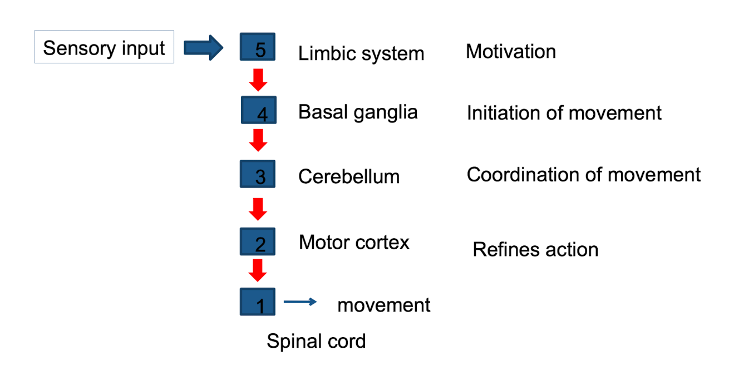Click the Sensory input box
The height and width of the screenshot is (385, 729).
tap(104, 48)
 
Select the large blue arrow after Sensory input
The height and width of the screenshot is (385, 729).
tap(203, 48)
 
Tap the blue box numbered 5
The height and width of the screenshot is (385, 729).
tap(257, 47)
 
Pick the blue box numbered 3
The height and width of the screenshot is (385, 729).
tap(257, 174)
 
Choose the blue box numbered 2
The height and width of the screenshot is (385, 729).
tap(257, 241)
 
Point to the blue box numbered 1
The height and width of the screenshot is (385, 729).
tap(257, 302)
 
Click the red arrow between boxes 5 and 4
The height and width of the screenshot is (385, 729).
tap(258, 80)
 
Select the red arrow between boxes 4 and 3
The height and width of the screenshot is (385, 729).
tap(258, 140)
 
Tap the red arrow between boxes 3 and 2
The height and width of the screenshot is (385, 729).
tap(258, 209)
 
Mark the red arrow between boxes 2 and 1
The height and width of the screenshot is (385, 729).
tap(258, 271)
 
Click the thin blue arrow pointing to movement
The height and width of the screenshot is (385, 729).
tap(300, 302)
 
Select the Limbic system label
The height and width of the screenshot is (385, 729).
tap(361, 54)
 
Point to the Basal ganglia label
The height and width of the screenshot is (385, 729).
tap(358, 112)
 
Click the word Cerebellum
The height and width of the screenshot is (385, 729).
tap(349, 177)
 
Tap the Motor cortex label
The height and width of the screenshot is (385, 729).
tap(354, 243)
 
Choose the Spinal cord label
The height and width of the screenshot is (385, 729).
tap(316, 341)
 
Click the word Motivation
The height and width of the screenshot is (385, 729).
tap(510, 52)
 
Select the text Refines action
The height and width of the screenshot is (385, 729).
tap(535, 249)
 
